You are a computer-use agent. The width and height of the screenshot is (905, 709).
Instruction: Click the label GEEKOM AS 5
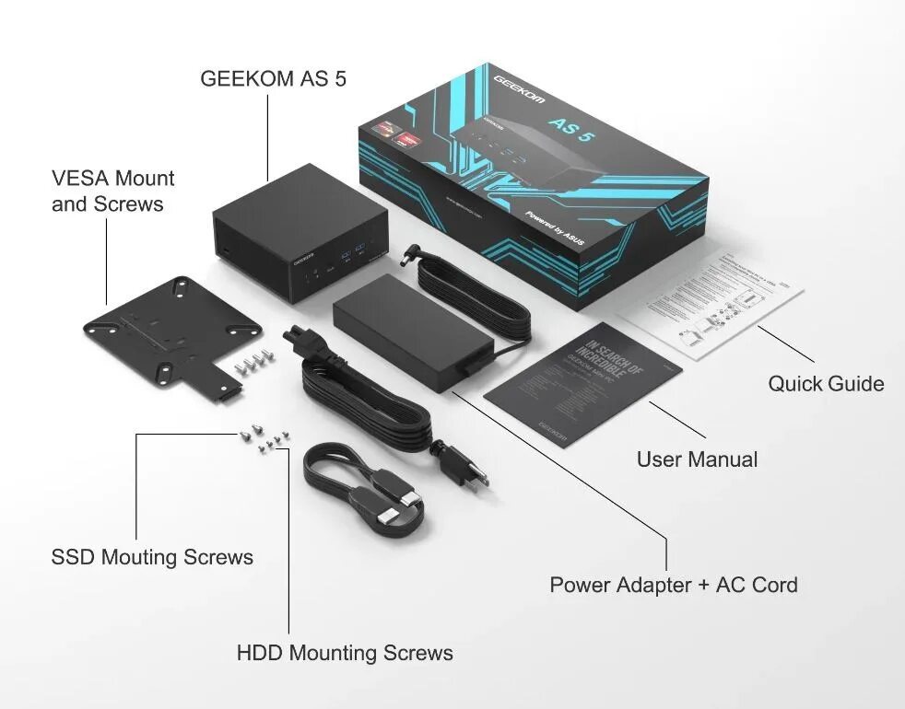(x=273, y=78)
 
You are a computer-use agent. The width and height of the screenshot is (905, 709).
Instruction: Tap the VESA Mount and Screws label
(x=112, y=191)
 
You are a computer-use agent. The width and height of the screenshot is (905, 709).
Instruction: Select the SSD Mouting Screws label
(x=152, y=557)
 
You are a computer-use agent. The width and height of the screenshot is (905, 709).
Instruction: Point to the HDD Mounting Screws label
(x=345, y=654)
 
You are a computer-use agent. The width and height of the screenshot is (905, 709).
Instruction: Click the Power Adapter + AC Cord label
(x=673, y=585)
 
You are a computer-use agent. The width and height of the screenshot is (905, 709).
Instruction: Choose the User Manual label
(x=697, y=459)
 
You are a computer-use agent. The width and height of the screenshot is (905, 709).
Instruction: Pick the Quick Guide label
(x=826, y=384)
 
